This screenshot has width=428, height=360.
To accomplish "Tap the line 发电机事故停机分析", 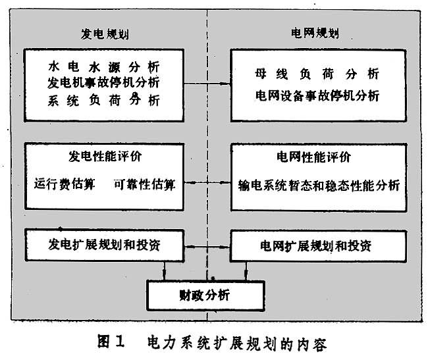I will (x=104, y=84).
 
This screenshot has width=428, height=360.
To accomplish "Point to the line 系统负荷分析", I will (x=104, y=101).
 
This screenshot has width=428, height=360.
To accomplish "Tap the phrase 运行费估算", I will (x=65, y=184).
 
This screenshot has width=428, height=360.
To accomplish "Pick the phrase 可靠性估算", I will (x=144, y=184).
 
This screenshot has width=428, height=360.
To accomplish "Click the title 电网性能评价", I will (x=317, y=159).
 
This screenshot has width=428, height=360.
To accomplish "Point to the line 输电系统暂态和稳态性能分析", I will (x=319, y=185).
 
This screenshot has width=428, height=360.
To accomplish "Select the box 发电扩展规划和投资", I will (x=103, y=245).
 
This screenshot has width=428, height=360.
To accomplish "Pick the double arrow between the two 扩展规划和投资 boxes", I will (x=205, y=247).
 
